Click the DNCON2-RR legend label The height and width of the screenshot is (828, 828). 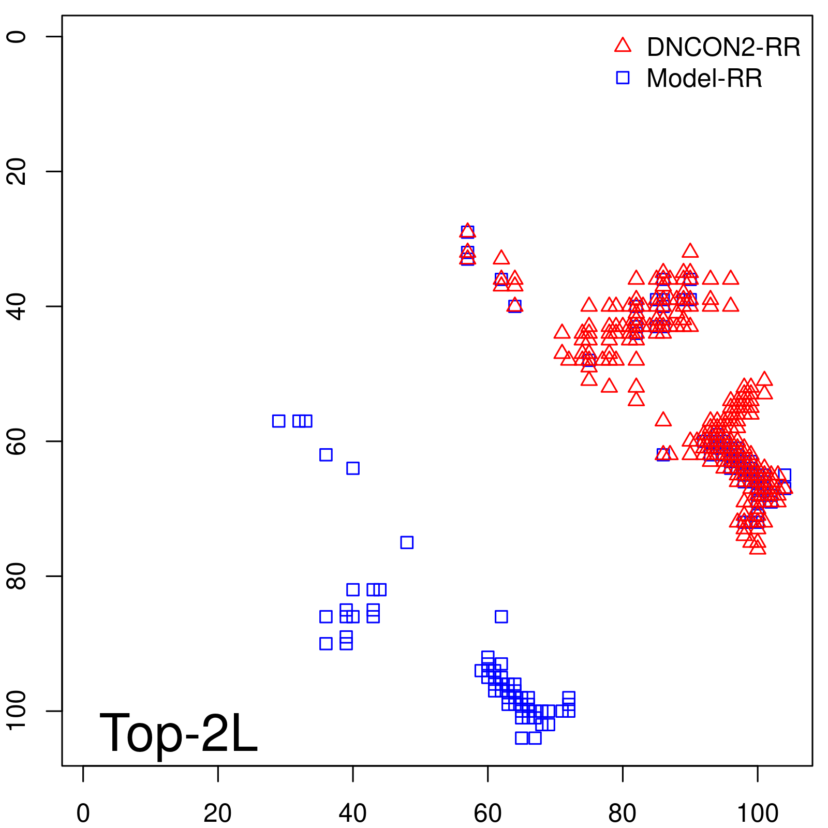[x=723, y=47]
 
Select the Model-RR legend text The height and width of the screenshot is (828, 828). [x=704, y=79]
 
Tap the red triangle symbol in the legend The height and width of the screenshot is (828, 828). [x=623, y=46]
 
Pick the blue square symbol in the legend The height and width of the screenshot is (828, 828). [x=623, y=78]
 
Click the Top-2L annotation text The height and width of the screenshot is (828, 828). [x=178, y=733]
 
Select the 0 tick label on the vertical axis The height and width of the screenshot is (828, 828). [x=17, y=36]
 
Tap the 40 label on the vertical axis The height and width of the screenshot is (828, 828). [x=17, y=306]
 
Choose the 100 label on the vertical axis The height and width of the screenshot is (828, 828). [x=17, y=711]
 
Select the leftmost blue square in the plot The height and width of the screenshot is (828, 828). [x=278, y=421]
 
